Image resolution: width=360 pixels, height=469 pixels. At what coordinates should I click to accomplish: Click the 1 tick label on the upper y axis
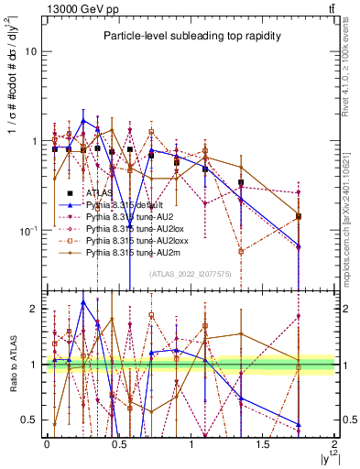tap(34, 141)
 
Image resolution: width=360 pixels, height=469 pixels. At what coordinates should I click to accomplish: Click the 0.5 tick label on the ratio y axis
tap(30, 420)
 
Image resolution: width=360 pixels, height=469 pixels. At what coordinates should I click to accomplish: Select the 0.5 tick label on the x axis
tap(118, 444)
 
